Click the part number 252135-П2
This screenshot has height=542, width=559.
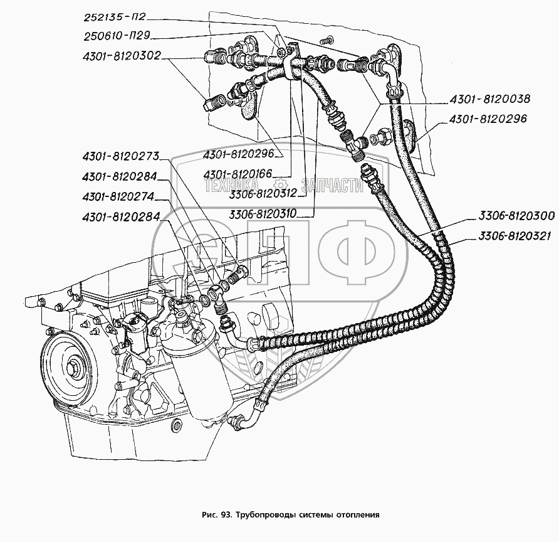pyautogui.click(x=115, y=18)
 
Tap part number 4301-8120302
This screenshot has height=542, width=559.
pyautogui.click(x=122, y=56)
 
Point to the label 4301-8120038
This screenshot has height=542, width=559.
pyautogui.click(x=489, y=98)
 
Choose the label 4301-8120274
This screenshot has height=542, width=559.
pyautogui.click(x=118, y=197)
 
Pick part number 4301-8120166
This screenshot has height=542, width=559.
pyautogui.click(x=238, y=174)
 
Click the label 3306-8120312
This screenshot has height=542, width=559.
pyautogui.click(x=263, y=193)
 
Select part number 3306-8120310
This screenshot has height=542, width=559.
pyautogui.click(x=263, y=214)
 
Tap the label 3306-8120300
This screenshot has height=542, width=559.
pyautogui.click(x=516, y=216)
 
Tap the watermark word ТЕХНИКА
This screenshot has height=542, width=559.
pyautogui.click(x=231, y=185)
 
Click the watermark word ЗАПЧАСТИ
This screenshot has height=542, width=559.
pyautogui.click(x=332, y=185)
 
